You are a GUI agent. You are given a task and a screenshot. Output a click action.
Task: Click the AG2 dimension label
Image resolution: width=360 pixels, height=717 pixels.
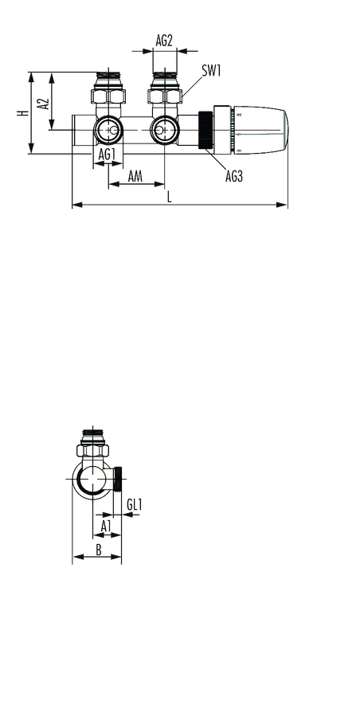164,41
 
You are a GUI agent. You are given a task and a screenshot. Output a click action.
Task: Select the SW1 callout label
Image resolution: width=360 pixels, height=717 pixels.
211,71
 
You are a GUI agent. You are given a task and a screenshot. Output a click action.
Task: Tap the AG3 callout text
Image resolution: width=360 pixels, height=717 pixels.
233,176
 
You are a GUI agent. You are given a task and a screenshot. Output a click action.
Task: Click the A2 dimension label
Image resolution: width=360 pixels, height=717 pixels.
44,104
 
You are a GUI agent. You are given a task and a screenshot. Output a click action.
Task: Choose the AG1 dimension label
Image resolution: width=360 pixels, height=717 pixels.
106,155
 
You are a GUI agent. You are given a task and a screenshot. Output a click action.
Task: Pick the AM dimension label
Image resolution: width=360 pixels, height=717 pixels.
135,176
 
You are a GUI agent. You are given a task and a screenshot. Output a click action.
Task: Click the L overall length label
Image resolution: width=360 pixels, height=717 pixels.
170,197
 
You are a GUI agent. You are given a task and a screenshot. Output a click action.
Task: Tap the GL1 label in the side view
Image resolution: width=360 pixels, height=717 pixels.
135,505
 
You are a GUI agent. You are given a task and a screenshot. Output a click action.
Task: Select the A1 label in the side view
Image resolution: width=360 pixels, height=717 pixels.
106,526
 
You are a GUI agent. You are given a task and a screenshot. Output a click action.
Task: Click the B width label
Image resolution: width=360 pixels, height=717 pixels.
98,550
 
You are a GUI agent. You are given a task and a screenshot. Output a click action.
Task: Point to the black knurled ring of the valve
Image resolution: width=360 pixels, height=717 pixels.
205,131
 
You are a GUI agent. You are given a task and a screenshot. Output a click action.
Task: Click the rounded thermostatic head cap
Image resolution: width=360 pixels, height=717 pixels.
260,130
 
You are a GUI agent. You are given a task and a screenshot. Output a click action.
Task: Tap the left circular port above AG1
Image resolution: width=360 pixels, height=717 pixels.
108,131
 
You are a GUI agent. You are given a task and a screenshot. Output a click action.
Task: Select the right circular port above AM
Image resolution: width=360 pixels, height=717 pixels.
164,131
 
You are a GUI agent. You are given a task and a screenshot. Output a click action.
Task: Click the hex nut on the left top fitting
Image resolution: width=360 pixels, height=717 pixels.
108,96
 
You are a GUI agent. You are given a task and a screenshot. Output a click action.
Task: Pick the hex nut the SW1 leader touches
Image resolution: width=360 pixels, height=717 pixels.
165,96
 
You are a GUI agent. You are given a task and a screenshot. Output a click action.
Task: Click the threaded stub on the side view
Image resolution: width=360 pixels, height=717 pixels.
119,479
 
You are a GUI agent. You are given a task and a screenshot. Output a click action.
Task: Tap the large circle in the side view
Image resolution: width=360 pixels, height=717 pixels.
93,480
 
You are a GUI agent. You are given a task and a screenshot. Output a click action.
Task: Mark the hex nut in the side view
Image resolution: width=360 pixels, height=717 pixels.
93,450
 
